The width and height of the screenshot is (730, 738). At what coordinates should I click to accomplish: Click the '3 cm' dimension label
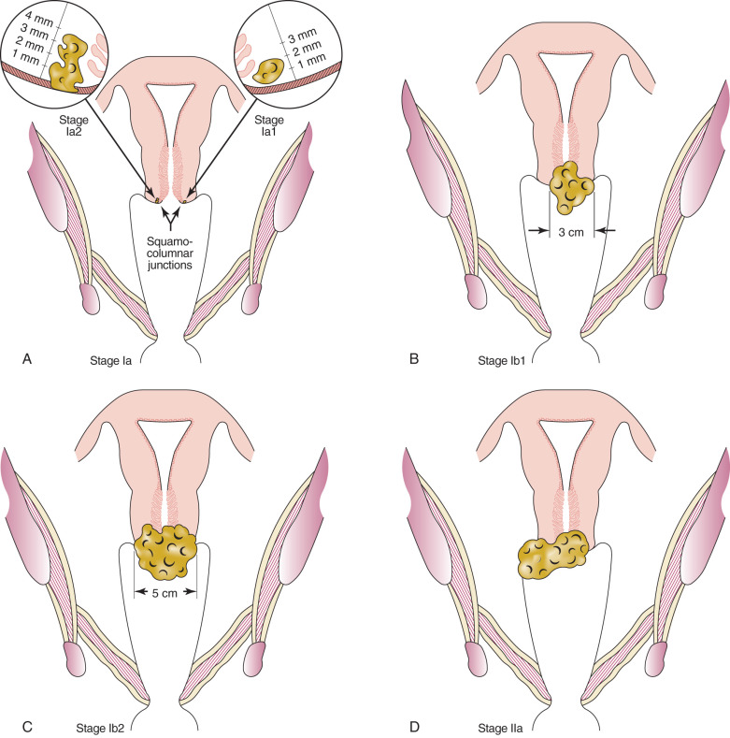click(564, 230)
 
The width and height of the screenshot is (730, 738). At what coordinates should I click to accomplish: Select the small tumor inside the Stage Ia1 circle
click(272, 69)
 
